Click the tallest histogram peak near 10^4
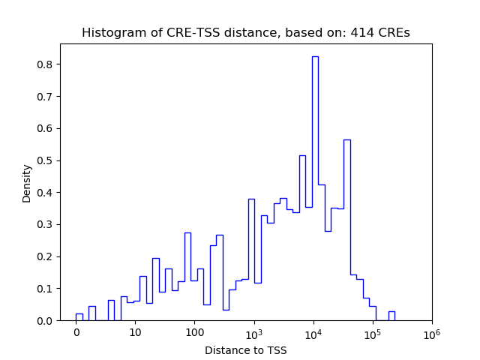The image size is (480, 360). click(x=315, y=187)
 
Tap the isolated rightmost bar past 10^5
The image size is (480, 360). click(x=391, y=316)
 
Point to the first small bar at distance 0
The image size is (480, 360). click(x=79, y=317)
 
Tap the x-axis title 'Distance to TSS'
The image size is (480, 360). click(x=245, y=349)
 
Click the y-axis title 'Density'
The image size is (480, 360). click(x=27, y=183)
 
